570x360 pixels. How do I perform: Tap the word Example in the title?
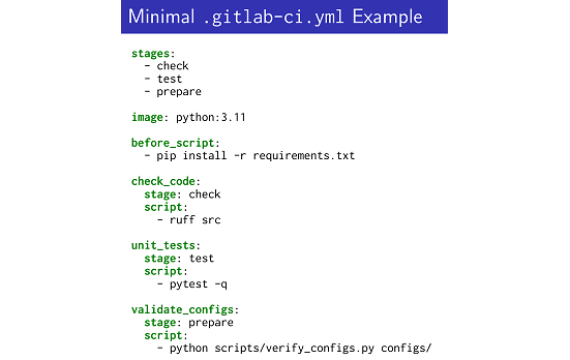[x=385, y=17]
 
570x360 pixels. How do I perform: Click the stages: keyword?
[x=153, y=53]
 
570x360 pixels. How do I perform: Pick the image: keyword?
[x=150, y=117]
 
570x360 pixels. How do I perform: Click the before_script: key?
[x=175, y=143]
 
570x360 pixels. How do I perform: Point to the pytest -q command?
[x=198, y=284]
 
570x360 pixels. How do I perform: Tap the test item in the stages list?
[x=169, y=79]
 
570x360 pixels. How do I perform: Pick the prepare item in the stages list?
[x=179, y=92]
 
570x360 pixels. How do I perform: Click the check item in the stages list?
[x=172, y=66]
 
